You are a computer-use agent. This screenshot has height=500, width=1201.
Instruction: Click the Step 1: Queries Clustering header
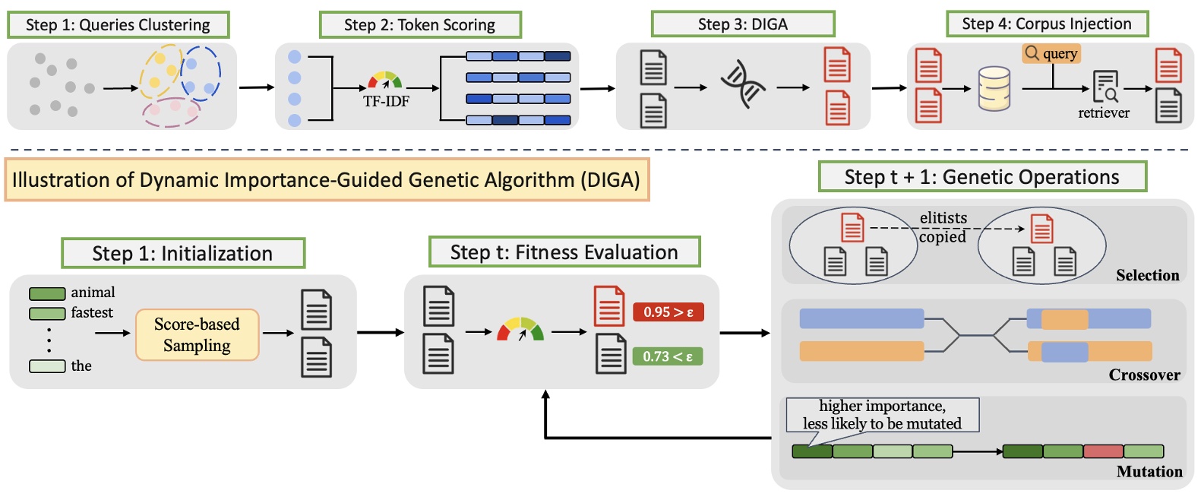point(118,25)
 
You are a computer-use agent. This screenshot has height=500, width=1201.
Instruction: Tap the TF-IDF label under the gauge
point(386,102)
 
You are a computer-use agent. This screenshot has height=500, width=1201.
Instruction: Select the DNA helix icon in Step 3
point(742,84)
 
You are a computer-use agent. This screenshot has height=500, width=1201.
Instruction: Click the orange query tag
point(1051,53)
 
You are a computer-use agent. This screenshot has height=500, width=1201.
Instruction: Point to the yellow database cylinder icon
point(994,89)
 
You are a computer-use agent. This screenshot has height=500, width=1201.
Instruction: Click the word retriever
point(1103,113)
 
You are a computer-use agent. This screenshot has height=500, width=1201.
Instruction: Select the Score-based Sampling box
point(197,334)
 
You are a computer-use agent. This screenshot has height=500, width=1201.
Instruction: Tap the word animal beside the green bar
point(93,293)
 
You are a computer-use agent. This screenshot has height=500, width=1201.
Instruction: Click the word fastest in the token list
point(92,312)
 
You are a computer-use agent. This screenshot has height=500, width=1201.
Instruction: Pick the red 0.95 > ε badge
point(668,312)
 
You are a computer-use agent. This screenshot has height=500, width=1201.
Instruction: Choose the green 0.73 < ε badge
point(667,356)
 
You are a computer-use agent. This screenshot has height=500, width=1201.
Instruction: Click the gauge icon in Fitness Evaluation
point(520,329)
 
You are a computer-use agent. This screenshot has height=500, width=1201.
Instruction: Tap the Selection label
point(1147,275)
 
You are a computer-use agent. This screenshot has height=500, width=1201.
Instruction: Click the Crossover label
point(1144,375)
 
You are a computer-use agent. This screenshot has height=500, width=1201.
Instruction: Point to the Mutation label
point(1149,471)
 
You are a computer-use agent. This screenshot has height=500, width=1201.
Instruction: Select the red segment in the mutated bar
point(1103,451)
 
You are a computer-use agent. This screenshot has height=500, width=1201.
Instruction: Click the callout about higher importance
point(882,415)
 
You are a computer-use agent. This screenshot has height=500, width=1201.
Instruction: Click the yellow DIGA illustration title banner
point(327,180)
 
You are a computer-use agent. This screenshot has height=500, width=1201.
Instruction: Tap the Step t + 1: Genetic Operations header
point(981,177)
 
